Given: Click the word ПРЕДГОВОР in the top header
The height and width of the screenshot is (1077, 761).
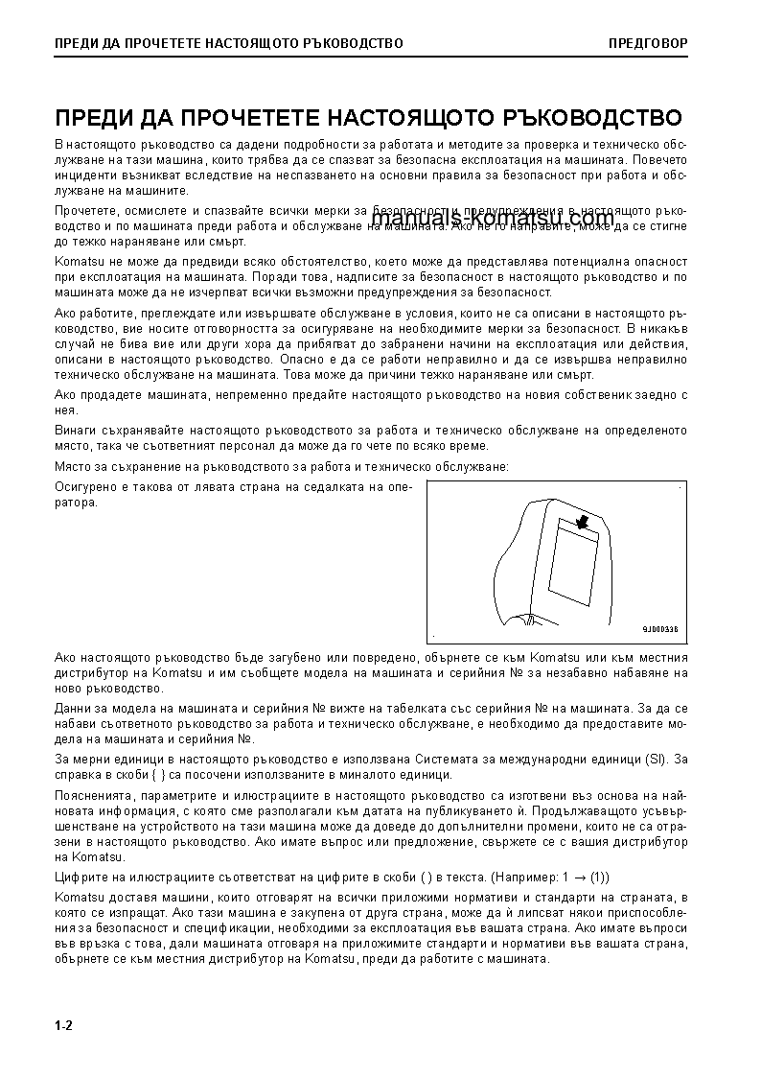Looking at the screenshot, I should pos(647,43).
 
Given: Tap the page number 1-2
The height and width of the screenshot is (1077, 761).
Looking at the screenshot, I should pos(64,1026).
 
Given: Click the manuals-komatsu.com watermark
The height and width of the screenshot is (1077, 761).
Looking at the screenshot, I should pos(492,220).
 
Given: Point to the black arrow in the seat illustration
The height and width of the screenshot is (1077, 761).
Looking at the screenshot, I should pos(579,521).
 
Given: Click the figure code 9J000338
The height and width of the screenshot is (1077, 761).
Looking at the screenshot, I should pos(659,630).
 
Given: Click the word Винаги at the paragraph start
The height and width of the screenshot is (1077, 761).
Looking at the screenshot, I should pos(76,432).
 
